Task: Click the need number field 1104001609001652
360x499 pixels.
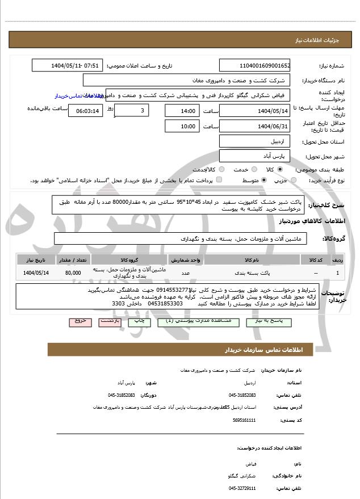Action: click(x=254, y=66)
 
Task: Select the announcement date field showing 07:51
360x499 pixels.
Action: click(x=68, y=66)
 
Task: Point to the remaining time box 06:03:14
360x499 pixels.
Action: click(x=85, y=110)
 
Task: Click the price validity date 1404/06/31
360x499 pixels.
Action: click(x=254, y=125)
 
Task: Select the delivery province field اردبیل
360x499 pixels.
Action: click(x=254, y=141)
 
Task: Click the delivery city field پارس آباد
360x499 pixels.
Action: click(x=254, y=156)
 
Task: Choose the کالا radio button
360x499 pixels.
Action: click(x=280, y=169)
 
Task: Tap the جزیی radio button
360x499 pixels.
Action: click(x=293, y=180)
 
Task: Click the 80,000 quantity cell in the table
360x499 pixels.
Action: click(x=73, y=273)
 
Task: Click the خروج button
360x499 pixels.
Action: click(x=80, y=321)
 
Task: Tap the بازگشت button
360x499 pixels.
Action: click(x=110, y=321)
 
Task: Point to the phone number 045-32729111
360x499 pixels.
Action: click(x=242, y=488)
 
